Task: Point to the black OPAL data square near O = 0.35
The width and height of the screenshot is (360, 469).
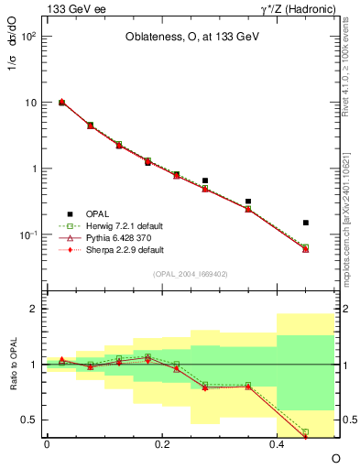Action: coord(248,201)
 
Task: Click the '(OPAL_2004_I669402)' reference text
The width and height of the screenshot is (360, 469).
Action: coord(190,273)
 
